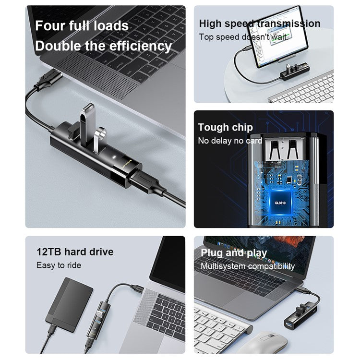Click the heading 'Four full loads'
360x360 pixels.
82,26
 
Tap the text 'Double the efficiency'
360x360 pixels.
103,46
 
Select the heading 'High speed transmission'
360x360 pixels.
259,24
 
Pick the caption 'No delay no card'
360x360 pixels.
230,141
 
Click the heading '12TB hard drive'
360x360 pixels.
75,252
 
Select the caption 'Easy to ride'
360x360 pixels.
59,265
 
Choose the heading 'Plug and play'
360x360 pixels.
234,253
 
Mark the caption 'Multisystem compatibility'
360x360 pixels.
248,266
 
